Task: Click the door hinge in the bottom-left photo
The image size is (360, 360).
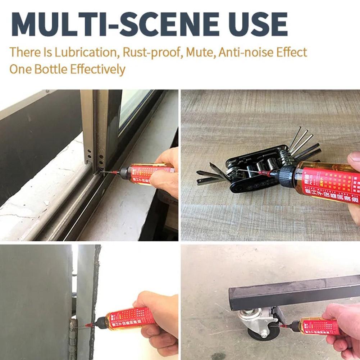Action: [73, 338]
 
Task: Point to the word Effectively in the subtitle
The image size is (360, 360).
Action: [98, 69]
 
